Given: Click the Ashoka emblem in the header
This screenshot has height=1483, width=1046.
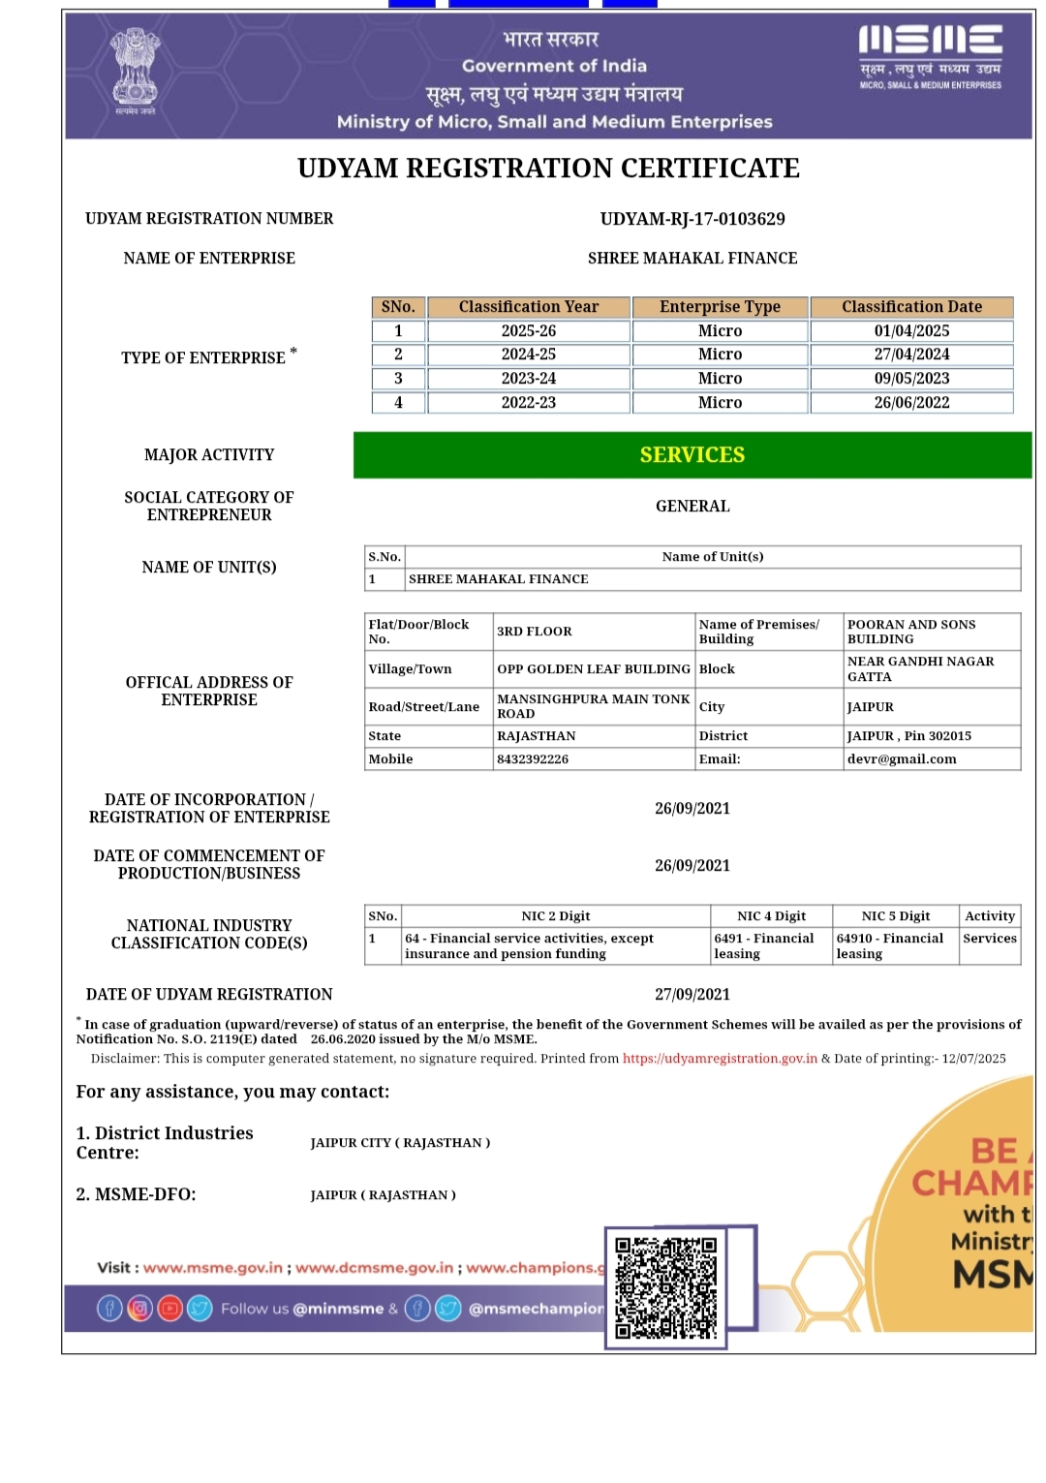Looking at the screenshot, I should [135, 68].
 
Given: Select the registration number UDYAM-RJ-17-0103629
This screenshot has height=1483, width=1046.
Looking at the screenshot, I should [692, 219].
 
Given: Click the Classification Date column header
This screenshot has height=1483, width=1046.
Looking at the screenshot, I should [911, 307].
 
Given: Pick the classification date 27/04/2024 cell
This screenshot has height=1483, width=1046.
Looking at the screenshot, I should [911, 355].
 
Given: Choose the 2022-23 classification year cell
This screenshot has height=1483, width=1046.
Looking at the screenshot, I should [529, 403].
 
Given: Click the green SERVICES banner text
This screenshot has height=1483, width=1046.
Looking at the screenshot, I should [692, 455].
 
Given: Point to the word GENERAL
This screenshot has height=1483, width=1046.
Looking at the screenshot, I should [692, 507].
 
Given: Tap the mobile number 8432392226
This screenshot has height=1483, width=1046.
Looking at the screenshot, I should [533, 759].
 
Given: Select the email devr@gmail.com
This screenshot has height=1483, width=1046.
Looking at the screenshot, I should [902, 759].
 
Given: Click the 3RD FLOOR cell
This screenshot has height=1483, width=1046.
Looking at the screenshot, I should [535, 632].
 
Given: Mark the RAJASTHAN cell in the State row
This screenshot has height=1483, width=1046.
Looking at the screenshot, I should [537, 736].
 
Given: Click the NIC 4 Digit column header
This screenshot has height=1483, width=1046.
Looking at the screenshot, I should [771, 916].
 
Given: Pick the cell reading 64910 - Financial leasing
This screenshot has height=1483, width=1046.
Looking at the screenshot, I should [890, 945].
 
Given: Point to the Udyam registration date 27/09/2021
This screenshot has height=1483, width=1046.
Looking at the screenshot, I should [692, 995].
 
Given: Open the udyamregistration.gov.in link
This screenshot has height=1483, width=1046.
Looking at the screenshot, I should [720, 1059].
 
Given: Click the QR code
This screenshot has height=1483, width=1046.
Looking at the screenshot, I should [666, 1287].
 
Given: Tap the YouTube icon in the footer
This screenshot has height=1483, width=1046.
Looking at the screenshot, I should [170, 1309].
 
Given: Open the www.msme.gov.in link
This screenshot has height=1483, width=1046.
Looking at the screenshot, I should [213, 1268].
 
